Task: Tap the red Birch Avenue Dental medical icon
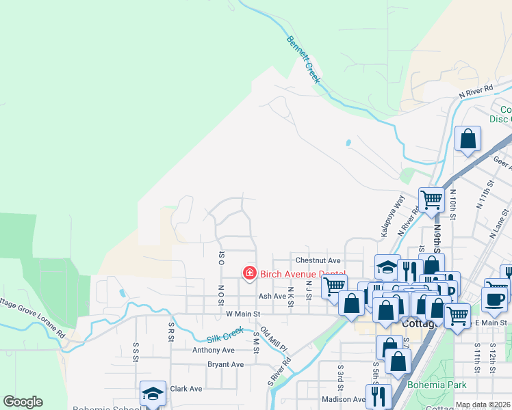[x=249, y=273]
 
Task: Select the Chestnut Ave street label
[x=318, y=260]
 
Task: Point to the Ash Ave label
[x=272, y=297]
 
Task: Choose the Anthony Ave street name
[x=213, y=350]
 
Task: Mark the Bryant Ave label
[x=225, y=364]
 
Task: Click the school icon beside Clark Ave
[x=153, y=393]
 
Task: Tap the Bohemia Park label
[x=436, y=385]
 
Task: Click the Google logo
[x=23, y=402]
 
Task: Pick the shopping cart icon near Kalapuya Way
[x=431, y=200]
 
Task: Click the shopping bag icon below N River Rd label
[x=468, y=139]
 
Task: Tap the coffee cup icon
[x=494, y=299]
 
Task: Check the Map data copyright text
[x=483, y=405]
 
